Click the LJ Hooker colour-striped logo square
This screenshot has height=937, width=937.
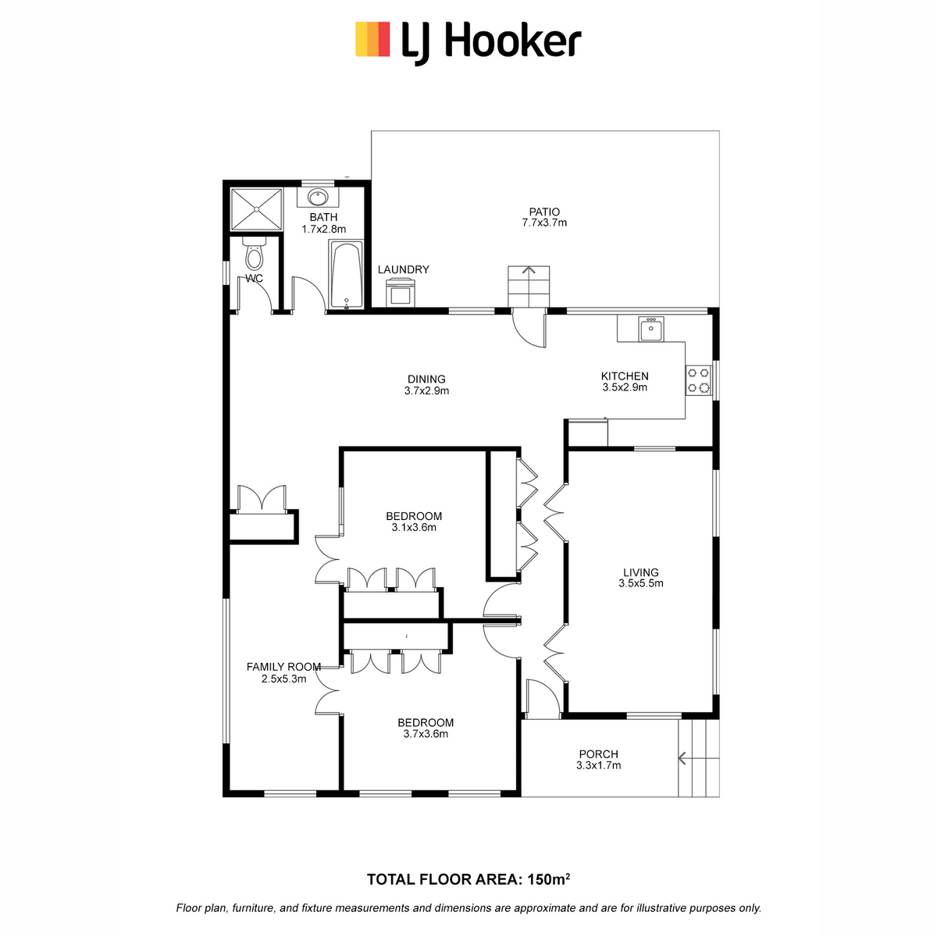(372, 39)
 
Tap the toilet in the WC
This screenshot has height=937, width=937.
(254, 253)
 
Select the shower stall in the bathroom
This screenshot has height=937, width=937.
(256, 209)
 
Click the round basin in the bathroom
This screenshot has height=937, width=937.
(318, 198)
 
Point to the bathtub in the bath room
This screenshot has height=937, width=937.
(346, 275)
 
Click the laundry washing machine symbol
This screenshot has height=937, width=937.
(401, 293)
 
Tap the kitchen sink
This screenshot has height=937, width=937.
(651, 330)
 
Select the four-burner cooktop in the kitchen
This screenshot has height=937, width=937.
(699, 380)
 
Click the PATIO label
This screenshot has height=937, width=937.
(544, 212)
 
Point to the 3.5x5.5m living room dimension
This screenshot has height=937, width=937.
(641, 583)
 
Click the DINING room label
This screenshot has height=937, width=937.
(426, 379)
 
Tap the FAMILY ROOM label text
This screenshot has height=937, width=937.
(283, 667)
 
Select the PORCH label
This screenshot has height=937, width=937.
(599, 754)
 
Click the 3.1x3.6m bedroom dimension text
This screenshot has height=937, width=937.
(414, 528)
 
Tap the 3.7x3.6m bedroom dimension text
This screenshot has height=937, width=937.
(426, 734)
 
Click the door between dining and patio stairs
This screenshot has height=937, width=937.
(529, 329)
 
